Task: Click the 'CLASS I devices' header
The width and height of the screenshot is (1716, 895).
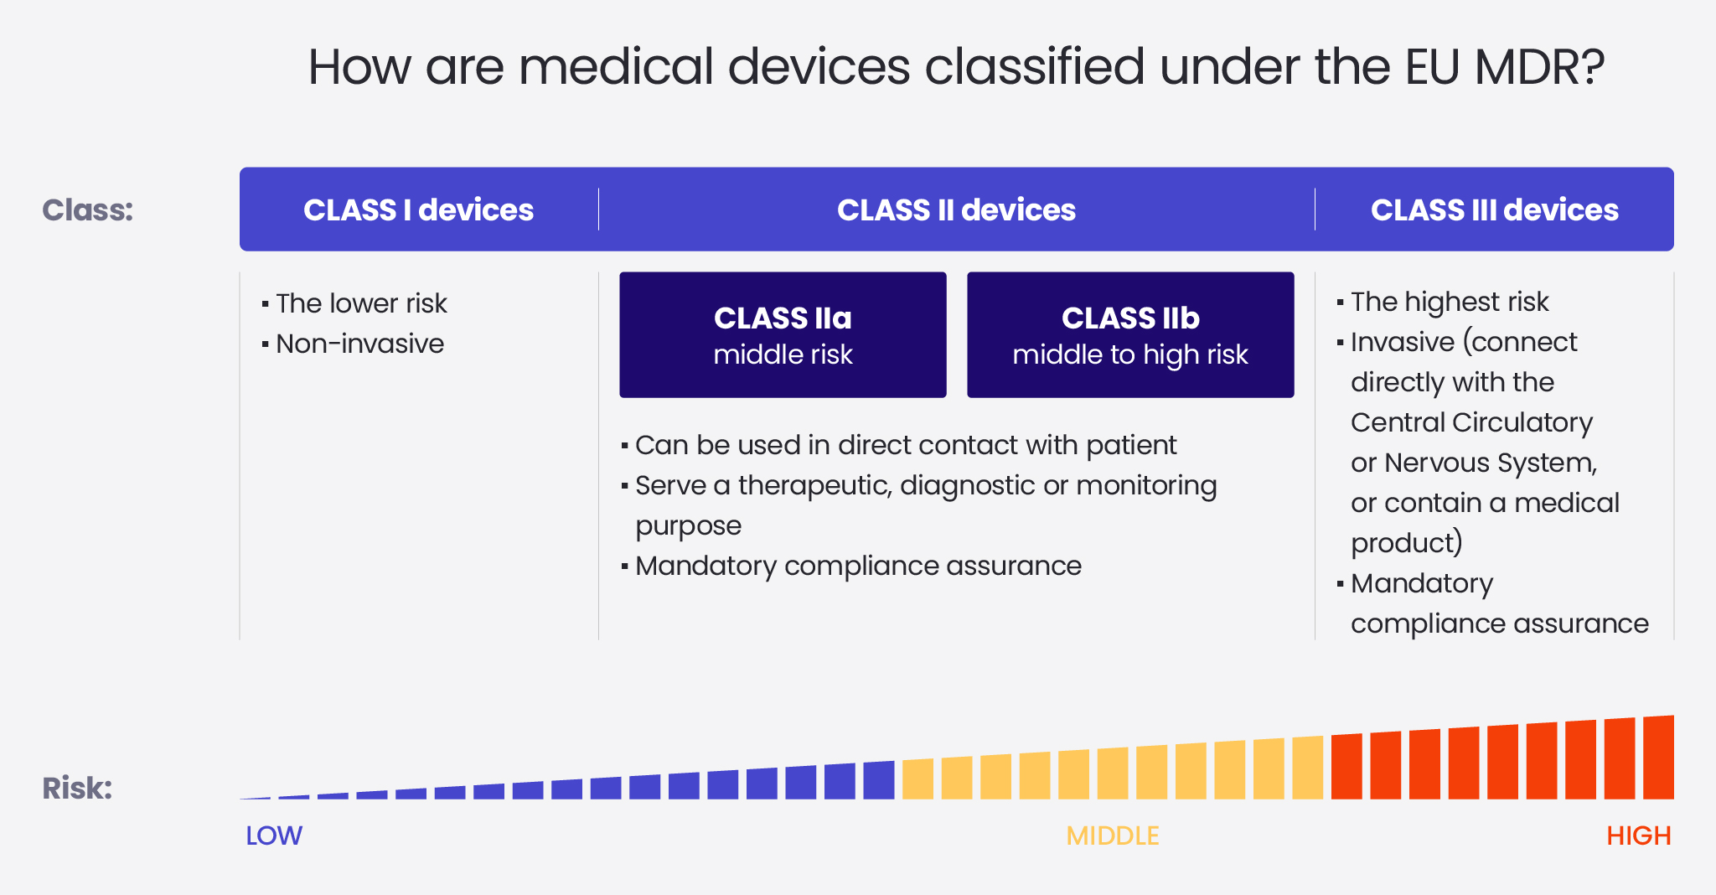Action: point(418,210)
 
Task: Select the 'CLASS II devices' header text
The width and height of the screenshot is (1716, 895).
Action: point(956,210)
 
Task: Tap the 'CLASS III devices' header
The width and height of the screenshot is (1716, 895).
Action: point(1494,210)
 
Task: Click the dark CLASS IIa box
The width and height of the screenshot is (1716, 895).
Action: point(783,334)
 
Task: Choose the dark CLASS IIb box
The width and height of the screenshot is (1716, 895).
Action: point(1130,334)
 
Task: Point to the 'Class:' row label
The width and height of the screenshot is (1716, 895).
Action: point(88,210)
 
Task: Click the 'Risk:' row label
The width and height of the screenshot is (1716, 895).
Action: point(77,788)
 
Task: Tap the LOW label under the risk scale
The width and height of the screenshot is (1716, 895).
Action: point(274,836)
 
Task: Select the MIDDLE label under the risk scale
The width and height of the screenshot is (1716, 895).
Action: point(1112,836)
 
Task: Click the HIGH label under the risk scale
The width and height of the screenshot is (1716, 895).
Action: point(1638,836)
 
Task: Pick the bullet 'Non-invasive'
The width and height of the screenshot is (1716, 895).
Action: point(359,344)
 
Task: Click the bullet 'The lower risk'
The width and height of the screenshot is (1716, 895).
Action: point(361,303)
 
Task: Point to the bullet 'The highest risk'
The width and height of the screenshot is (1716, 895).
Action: point(1450,302)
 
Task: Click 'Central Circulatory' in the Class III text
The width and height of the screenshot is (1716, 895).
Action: point(1471,422)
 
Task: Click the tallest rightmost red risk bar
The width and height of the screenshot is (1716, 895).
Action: point(1658,758)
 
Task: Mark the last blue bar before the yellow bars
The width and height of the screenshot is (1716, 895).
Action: point(879,780)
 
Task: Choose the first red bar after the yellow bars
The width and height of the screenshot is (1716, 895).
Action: point(1346,767)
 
